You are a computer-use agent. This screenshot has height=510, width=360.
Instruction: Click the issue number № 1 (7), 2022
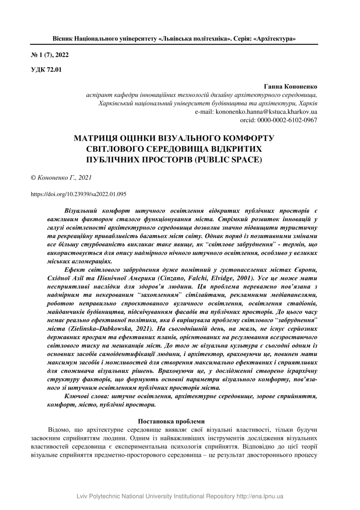(x=47, y=55)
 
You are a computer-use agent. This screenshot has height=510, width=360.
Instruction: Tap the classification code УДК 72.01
(x=46, y=70)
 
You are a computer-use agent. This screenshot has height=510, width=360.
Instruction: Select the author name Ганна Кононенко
(x=291, y=87)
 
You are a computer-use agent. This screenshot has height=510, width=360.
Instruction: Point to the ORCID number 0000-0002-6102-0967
(x=287, y=120)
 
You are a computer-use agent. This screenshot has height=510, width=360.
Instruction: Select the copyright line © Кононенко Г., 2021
(x=61, y=178)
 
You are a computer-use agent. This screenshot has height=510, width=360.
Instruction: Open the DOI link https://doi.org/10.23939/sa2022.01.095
(x=78, y=193)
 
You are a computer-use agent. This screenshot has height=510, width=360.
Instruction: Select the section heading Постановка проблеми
(x=171, y=421)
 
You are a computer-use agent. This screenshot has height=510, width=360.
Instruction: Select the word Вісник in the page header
(x=62, y=39)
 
